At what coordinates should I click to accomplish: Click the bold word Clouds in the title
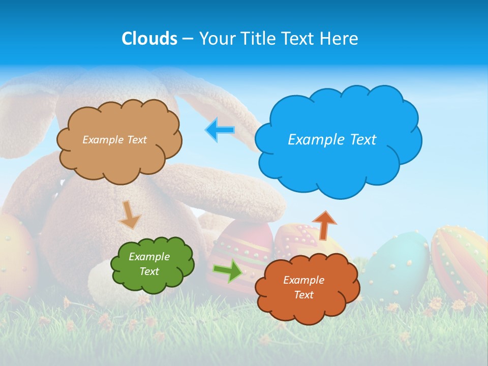point(149,39)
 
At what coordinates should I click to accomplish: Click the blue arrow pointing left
point(220,130)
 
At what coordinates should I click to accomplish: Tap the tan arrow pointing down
point(129,216)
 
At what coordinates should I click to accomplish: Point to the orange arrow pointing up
point(324,225)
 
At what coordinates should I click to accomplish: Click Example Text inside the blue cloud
point(332,140)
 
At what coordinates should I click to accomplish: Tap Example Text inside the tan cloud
point(114,140)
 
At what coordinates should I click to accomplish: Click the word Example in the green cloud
point(149,257)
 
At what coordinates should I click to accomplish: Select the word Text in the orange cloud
point(303,295)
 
